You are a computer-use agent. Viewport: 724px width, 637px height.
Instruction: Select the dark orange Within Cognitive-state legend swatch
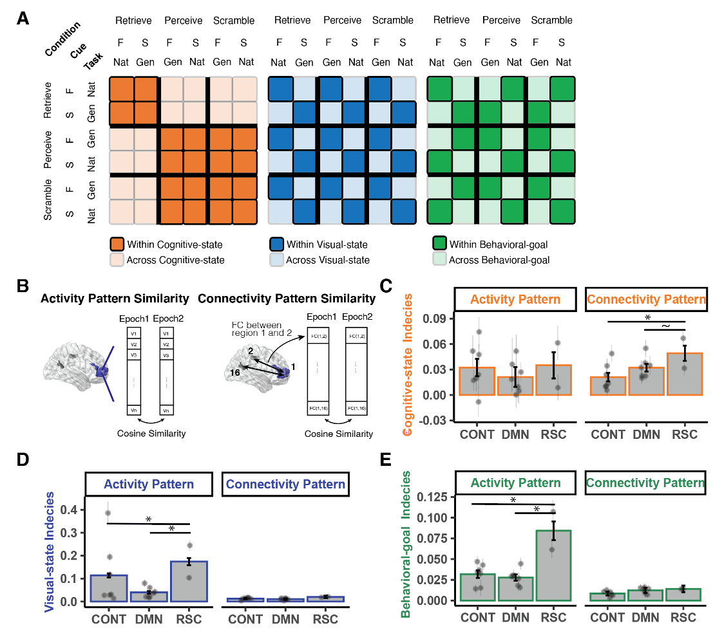[117, 244]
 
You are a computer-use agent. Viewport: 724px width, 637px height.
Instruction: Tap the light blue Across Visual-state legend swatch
[276, 260]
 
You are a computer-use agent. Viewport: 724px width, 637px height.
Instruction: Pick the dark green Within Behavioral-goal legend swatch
[439, 244]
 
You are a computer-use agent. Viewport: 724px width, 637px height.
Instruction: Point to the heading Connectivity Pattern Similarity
[287, 298]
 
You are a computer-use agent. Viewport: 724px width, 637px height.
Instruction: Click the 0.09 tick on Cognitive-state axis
[435, 318]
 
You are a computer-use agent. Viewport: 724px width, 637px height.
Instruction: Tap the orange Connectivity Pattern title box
[646, 299]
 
